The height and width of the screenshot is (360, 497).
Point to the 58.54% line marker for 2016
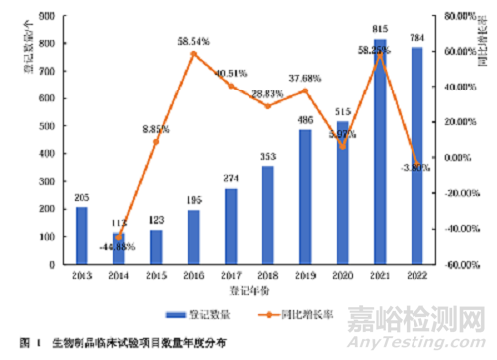[195, 53]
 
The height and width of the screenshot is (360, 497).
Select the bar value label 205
[82, 198]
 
